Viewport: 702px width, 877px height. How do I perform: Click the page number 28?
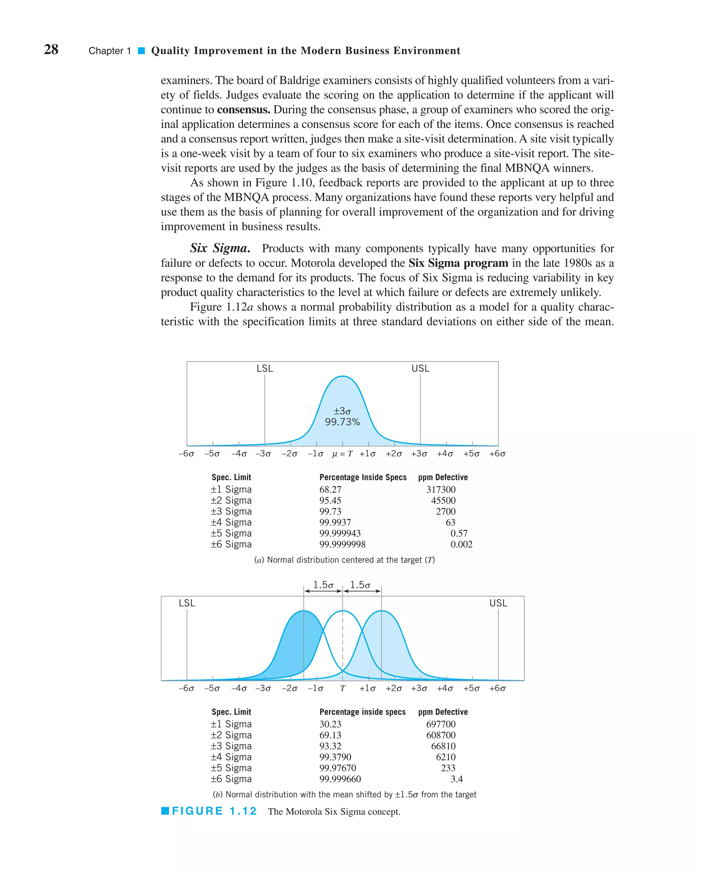[x=51, y=50]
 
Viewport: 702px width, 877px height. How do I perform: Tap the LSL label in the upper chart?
[x=265, y=369]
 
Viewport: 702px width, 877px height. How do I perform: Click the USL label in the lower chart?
[x=498, y=603]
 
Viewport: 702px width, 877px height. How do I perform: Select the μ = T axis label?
[x=342, y=454]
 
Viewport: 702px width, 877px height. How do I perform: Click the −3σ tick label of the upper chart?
[x=263, y=454]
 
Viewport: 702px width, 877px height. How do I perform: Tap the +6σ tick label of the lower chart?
[x=497, y=689]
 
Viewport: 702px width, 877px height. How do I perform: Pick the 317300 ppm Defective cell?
[x=441, y=490]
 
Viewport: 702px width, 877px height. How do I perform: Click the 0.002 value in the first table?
[x=461, y=545]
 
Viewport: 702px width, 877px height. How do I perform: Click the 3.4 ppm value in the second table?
[x=457, y=779]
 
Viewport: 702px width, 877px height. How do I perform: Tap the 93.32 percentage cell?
[x=330, y=746]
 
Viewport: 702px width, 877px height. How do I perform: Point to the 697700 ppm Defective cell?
[x=441, y=725]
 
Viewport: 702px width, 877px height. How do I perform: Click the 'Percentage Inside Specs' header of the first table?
[x=363, y=478]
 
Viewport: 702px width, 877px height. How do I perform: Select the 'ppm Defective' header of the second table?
[x=443, y=712]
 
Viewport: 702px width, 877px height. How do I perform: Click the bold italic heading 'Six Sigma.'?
[x=220, y=248]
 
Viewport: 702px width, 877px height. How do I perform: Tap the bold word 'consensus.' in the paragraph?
[x=243, y=110]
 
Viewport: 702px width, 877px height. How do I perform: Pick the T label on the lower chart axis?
[x=343, y=689]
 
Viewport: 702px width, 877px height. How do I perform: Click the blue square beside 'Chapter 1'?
[x=141, y=51]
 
